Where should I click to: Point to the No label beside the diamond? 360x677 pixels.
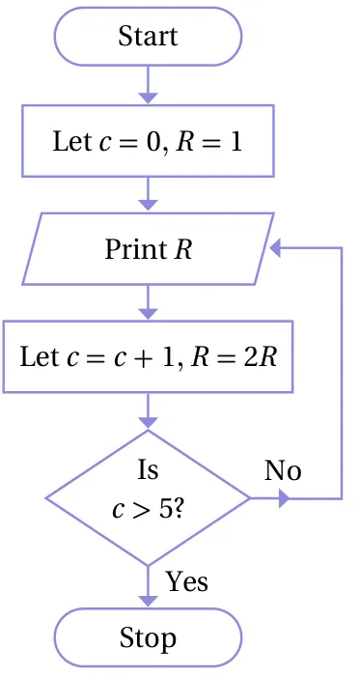pyautogui.click(x=283, y=470)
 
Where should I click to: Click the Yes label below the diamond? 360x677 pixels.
pyautogui.click(x=187, y=581)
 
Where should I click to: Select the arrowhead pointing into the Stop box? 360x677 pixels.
pyautogui.click(x=148, y=602)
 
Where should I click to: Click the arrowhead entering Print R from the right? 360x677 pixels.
pyautogui.click(x=275, y=248)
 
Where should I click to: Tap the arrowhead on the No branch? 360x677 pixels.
pyautogui.click(x=284, y=498)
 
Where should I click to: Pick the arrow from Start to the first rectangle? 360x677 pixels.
pyautogui.click(x=148, y=85)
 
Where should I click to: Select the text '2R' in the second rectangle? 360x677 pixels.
pyautogui.click(x=260, y=357)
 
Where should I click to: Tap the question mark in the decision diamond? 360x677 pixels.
pyautogui.click(x=179, y=510)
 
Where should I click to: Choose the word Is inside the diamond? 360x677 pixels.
pyautogui.click(x=148, y=470)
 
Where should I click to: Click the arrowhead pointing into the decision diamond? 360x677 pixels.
pyautogui.click(x=148, y=423)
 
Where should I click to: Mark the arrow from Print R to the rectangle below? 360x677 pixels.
pyautogui.click(x=148, y=302)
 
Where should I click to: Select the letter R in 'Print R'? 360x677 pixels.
pyautogui.click(x=183, y=250)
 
